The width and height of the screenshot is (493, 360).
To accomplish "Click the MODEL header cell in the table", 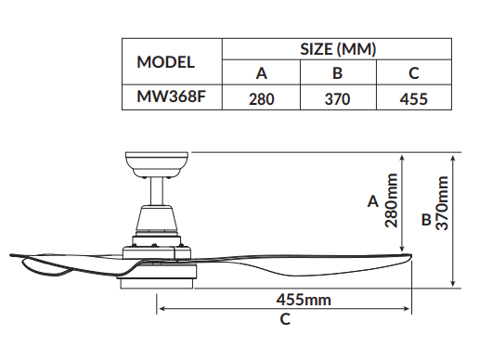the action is tap(165, 62).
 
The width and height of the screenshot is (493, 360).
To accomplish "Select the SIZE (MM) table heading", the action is tap(338, 49).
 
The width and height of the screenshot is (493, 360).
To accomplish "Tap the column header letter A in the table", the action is tap(262, 73).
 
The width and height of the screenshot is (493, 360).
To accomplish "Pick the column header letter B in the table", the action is tap(337, 73).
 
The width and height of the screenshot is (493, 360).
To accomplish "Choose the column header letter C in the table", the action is tap(414, 73).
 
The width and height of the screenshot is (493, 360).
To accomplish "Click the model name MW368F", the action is tap(171, 96).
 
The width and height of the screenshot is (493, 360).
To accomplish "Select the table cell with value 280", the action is tap(262, 99).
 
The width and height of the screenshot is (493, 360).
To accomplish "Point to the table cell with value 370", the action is tap(337, 99).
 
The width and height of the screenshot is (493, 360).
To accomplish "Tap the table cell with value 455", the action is tap(414, 99).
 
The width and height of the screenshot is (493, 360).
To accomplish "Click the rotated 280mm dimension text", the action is tap(391, 200).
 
